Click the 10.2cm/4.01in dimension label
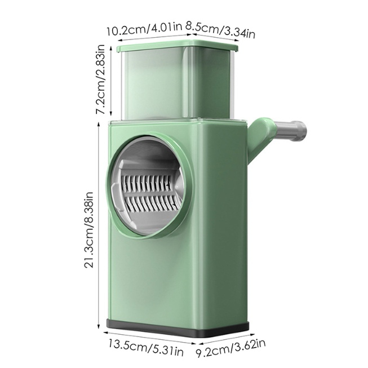click(x=145, y=29)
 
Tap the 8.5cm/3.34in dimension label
click(x=220, y=30)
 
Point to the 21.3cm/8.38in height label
click(x=89, y=229)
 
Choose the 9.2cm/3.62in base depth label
click(x=230, y=348)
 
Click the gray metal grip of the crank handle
click(x=290, y=131)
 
